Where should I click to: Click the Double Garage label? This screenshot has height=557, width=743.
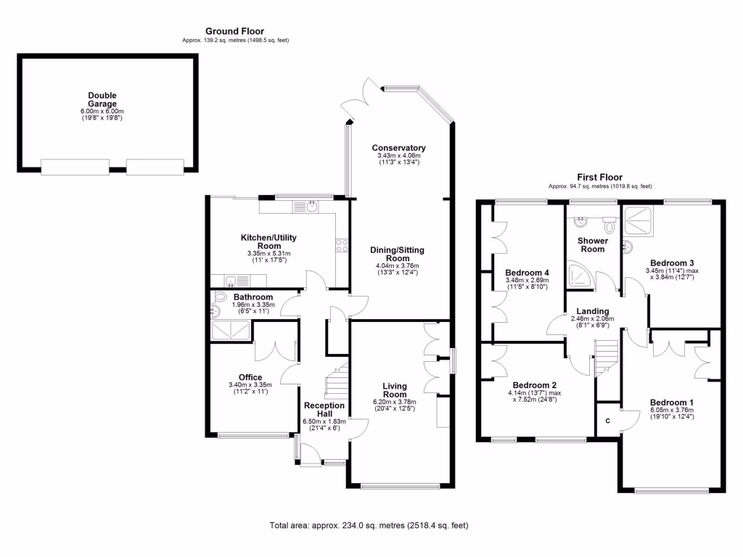(x=102, y=99)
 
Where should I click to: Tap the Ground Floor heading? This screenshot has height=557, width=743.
(x=235, y=30)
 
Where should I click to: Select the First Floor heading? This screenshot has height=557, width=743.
(x=599, y=177)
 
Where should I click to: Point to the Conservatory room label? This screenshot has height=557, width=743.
(x=398, y=148)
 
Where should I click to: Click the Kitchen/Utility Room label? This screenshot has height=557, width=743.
(x=268, y=242)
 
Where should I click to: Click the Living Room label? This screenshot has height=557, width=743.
(x=395, y=390)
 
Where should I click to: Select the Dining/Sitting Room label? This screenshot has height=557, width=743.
(x=397, y=254)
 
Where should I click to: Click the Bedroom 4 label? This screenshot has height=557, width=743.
(x=527, y=273)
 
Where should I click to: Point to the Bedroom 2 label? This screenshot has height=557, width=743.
(x=534, y=385)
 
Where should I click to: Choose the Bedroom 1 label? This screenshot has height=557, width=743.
(x=671, y=403)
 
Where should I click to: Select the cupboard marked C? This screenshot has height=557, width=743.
(x=607, y=420)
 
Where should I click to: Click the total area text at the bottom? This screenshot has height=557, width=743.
(x=374, y=526)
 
